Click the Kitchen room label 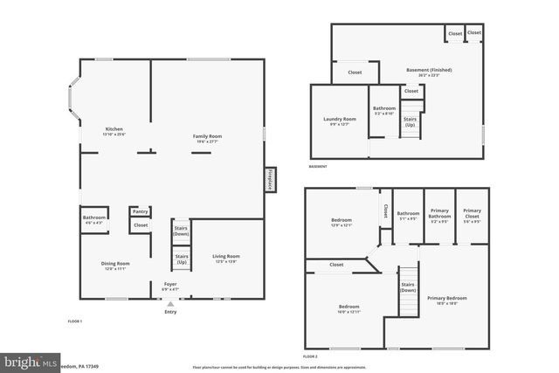(114, 129)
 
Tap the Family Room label (207, 136)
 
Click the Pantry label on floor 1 (140, 211)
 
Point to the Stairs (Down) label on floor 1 (181, 231)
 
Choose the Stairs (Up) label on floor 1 (181, 259)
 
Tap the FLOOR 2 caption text (310, 356)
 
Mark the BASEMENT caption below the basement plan (318, 167)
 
